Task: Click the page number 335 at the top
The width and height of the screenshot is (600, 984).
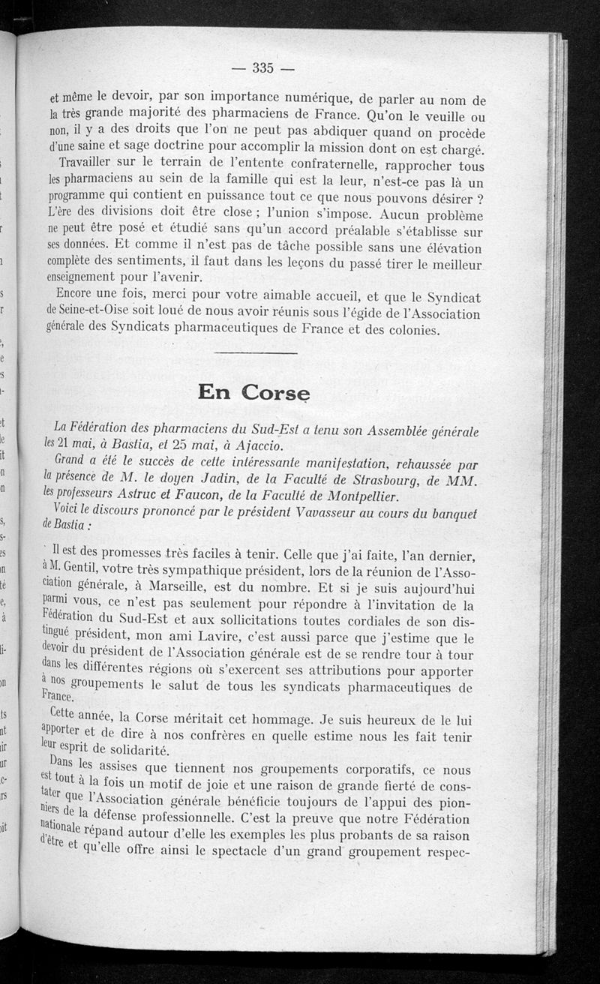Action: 262,68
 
